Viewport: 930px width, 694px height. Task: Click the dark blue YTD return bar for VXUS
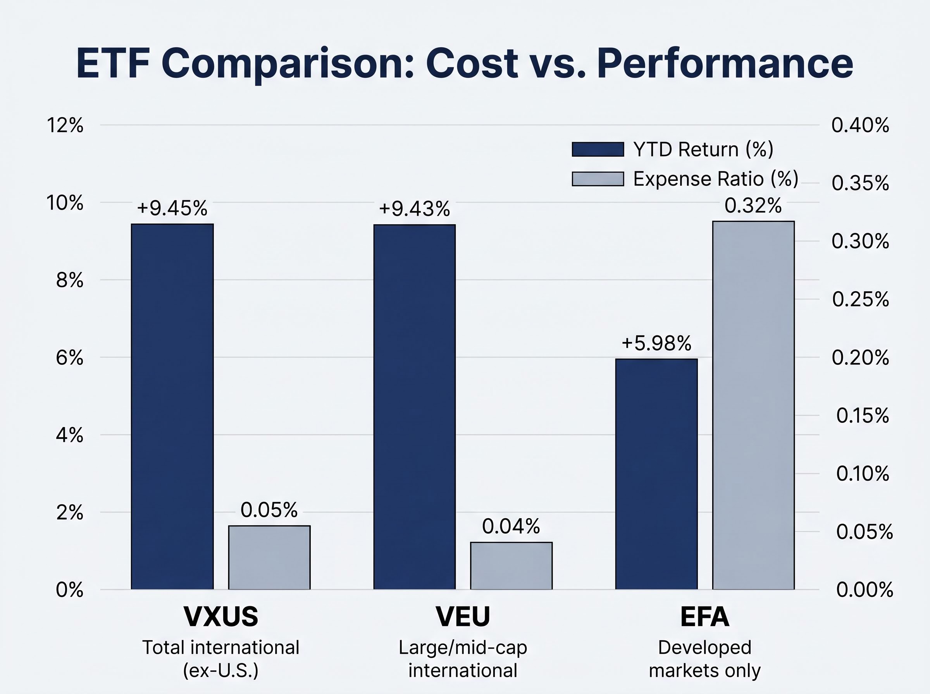click(172, 406)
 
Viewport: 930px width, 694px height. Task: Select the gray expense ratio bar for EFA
click(753, 405)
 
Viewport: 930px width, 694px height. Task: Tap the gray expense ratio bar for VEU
click(511, 565)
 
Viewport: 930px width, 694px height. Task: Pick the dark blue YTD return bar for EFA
click(656, 474)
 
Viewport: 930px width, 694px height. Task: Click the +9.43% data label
click(414, 209)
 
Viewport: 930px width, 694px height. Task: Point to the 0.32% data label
click(753, 205)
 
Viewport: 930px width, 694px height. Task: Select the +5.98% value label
click(656, 343)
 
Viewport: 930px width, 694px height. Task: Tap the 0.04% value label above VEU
click(511, 526)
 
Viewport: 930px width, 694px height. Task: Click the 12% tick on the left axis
click(65, 125)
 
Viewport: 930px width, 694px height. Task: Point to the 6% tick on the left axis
click(70, 358)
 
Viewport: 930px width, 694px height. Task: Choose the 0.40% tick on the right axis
click(860, 125)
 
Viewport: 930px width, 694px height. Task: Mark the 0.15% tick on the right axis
click(862, 416)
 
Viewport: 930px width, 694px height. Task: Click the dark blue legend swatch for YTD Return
click(598, 149)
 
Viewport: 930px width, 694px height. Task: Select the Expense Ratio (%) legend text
click(716, 179)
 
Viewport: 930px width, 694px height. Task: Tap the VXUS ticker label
click(220, 616)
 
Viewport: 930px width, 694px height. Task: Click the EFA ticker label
click(705, 616)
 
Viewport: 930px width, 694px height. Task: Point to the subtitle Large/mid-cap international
click(463, 659)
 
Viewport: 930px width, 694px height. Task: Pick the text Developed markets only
click(705, 659)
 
